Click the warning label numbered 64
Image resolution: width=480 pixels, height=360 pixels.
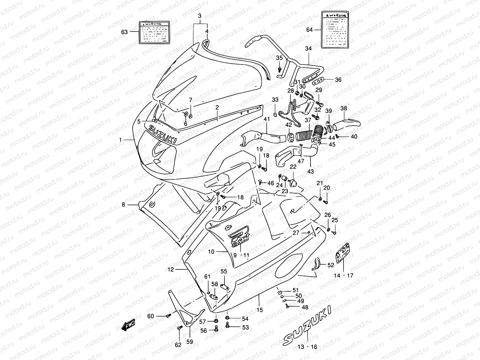[x=336, y=30]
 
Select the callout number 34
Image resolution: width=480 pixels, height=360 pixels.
[x=308, y=49]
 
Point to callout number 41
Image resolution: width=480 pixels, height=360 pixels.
[x=267, y=119]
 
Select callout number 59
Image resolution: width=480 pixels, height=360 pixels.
[x=190, y=341]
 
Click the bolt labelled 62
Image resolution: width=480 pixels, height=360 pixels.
[x=180, y=328]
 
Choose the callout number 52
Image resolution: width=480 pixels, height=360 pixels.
[x=331, y=265]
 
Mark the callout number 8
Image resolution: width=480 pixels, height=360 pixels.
[x=123, y=205]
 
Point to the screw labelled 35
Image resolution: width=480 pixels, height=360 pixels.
[x=280, y=69]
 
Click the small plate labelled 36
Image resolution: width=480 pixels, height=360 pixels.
[x=318, y=80]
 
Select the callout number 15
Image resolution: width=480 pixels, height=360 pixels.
[x=260, y=310]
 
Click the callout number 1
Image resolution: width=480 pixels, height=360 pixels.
[x=120, y=140]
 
